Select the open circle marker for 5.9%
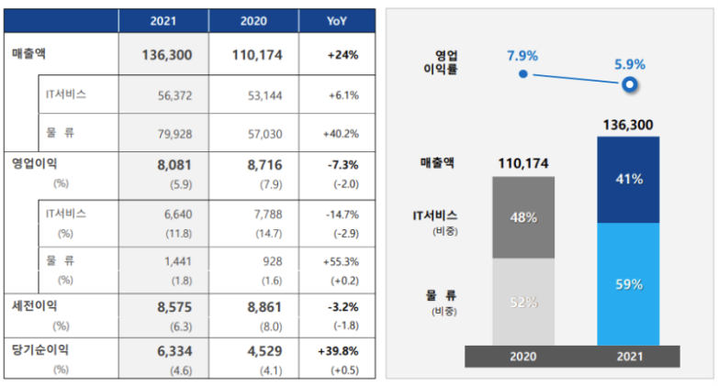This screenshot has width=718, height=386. (629, 85)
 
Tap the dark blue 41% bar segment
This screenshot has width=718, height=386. (628, 180)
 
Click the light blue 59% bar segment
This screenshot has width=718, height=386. (628, 283)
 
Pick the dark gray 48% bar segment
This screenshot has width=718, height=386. (523, 218)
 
